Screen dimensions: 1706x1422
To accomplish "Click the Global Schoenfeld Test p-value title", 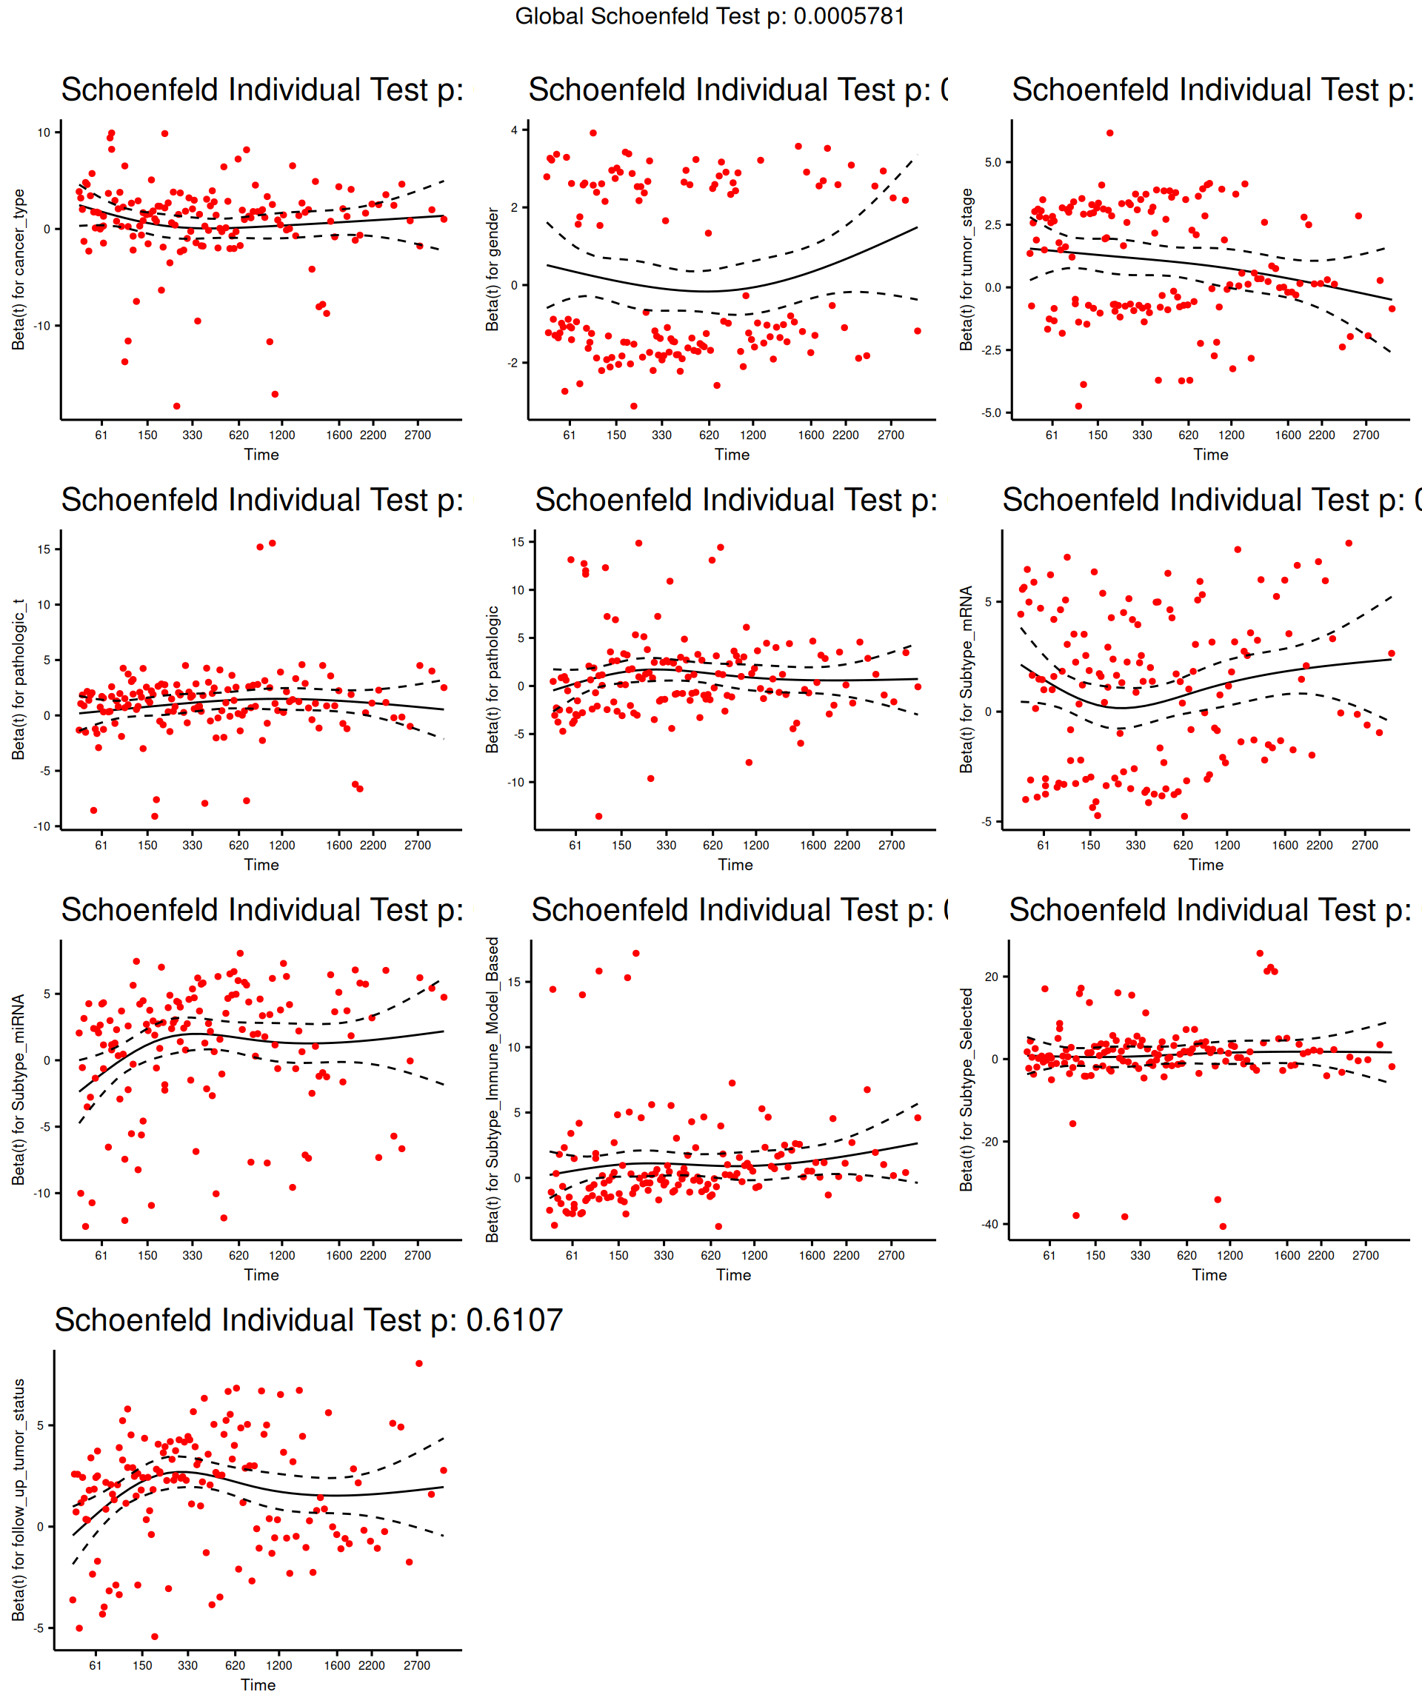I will click(710, 16).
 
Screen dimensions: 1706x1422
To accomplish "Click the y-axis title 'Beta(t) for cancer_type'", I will click(19, 270).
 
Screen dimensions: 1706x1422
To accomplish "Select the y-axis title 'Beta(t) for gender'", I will click(492, 269).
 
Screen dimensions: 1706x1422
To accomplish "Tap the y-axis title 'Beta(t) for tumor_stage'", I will click(967, 270).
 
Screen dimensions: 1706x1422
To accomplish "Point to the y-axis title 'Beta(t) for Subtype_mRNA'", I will click(967, 679).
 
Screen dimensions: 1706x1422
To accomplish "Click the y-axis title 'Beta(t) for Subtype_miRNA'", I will click(19, 1089).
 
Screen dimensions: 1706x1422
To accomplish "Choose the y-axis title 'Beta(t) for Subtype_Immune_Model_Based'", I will click(492, 1089).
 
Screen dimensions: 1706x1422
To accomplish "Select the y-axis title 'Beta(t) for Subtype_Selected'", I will click(967, 1089).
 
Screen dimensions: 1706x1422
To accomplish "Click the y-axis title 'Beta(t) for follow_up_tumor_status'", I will click(19, 1499).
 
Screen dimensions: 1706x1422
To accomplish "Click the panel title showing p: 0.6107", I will click(309, 1320).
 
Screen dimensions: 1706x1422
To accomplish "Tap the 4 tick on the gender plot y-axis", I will click(513, 130).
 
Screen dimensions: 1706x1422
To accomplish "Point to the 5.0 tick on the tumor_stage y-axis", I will click(992, 162).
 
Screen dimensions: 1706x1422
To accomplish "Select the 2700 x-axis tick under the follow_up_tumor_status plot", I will click(417, 1665).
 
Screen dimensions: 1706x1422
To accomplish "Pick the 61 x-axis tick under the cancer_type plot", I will click(101, 435).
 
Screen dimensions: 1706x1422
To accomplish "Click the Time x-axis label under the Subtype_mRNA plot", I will click(1206, 865).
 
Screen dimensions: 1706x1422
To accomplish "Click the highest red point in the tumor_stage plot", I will click(1110, 133).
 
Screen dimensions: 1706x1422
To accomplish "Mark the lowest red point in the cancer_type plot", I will click(177, 407).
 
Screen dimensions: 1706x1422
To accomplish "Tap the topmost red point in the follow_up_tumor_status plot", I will click(419, 1364).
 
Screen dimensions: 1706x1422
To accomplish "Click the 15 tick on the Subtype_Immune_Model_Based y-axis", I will click(513, 982).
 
